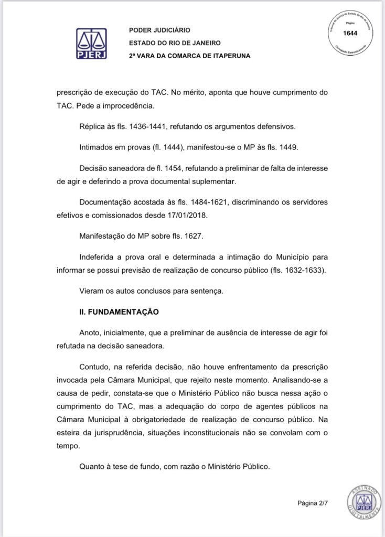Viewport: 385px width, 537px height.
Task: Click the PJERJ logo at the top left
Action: pos(92,43)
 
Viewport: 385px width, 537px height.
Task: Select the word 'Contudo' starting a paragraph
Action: pos(93,366)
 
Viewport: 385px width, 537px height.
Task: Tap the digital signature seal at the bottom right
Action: pos(360,500)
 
